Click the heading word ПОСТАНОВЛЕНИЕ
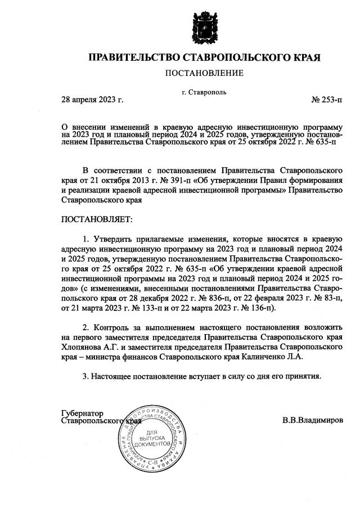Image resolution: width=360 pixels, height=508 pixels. [204, 74]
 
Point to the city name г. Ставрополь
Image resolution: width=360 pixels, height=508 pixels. [205, 92]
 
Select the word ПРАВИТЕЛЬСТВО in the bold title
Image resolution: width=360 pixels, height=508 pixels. [127, 57]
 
